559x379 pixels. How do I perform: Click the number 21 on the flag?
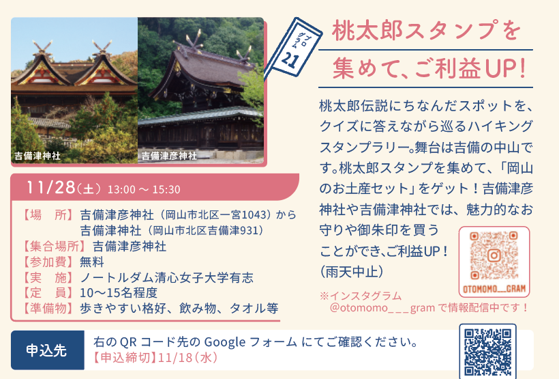click(x=289, y=59)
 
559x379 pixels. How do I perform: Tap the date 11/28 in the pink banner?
click(x=51, y=187)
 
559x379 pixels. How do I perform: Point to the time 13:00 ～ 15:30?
click(x=144, y=189)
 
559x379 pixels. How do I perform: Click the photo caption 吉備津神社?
click(x=37, y=156)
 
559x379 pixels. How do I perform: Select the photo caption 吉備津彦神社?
click(x=169, y=156)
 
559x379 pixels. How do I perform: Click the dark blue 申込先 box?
click(x=48, y=350)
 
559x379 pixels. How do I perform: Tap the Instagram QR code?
click(x=494, y=255)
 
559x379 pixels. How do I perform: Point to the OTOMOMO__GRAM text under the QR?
click(x=494, y=289)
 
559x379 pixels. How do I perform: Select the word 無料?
click(x=91, y=262)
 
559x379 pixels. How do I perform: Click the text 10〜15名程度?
click(x=119, y=292)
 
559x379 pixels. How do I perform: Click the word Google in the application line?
click(x=224, y=342)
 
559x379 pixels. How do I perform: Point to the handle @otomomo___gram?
click(x=382, y=307)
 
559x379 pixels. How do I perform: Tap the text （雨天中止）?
click(x=352, y=272)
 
